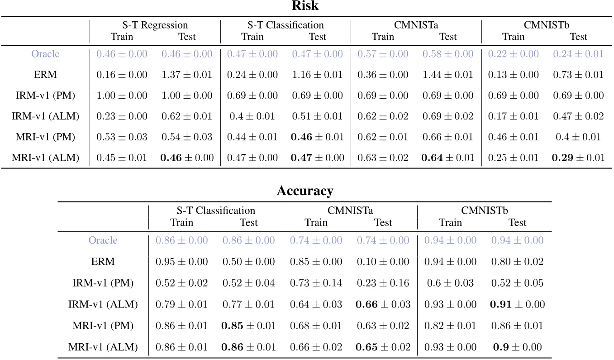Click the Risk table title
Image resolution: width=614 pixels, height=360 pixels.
(x=306, y=6)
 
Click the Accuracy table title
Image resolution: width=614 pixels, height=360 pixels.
(x=305, y=191)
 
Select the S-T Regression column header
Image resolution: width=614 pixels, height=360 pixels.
(x=154, y=25)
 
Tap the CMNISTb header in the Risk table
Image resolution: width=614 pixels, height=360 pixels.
(x=546, y=25)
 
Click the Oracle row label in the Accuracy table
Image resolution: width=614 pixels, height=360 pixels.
(x=103, y=240)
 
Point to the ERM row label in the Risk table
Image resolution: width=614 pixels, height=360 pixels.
(x=45, y=75)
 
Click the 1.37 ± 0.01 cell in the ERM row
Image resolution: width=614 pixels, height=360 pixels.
(x=187, y=75)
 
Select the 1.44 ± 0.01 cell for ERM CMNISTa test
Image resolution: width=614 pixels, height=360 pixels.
(x=448, y=75)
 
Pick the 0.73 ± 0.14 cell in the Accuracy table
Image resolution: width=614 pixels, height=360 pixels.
(x=316, y=283)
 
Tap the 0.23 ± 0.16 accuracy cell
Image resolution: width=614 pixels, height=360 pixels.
(x=383, y=283)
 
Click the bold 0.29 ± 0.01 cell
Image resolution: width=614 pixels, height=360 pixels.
(x=578, y=158)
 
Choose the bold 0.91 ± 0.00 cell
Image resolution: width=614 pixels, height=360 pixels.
(x=517, y=304)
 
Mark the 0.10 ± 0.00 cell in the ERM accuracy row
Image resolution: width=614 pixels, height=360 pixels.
(x=383, y=261)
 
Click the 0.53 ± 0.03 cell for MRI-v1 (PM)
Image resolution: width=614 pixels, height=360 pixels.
(x=122, y=137)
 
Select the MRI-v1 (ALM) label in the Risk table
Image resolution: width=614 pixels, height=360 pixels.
(x=45, y=158)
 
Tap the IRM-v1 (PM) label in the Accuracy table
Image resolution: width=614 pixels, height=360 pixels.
(x=103, y=283)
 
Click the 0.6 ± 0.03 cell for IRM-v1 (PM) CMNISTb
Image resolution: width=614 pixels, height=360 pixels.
(x=450, y=283)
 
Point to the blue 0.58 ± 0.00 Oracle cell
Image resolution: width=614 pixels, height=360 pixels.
(x=448, y=54)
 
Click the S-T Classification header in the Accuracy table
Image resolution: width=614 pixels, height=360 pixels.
(x=215, y=211)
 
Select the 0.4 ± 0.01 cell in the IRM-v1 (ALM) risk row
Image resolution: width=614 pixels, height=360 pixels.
(x=252, y=116)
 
